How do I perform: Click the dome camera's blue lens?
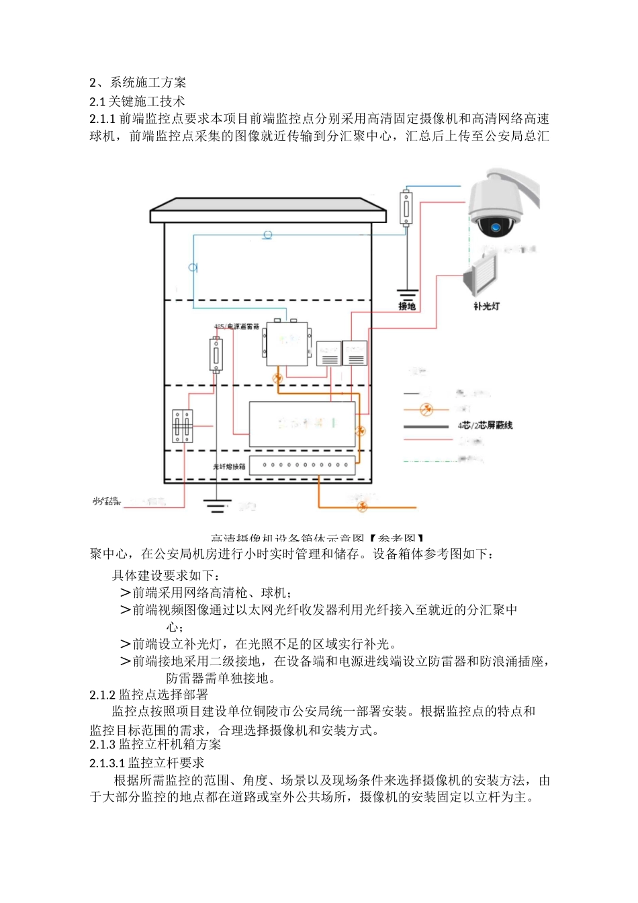[x=496, y=227]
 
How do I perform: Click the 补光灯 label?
[x=486, y=306]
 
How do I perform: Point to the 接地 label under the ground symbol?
[x=407, y=306]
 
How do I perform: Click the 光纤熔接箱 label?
[x=229, y=466]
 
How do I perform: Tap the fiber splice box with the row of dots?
[x=302, y=465]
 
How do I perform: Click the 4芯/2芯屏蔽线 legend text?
[x=485, y=425]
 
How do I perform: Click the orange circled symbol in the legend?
[x=425, y=409]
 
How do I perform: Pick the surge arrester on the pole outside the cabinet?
[x=406, y=208]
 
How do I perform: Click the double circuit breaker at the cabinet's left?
[x=182, y=426]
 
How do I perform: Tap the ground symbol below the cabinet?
[x=216, y=505]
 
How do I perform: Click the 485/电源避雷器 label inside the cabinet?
[x=236, y=327]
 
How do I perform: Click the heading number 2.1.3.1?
[x=107, y=763]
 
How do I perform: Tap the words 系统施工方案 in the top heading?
[x=148, y=83]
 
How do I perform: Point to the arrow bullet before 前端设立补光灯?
[x=125, y=644]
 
